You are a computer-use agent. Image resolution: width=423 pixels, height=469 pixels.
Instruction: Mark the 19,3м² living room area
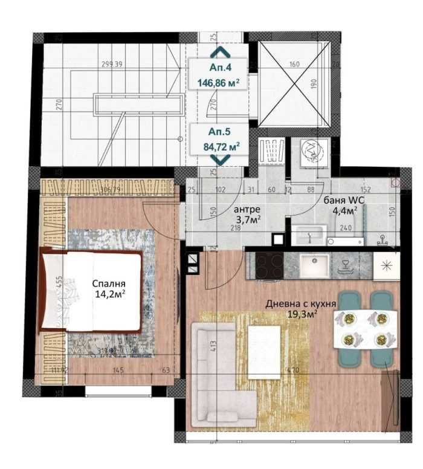click(302, 314)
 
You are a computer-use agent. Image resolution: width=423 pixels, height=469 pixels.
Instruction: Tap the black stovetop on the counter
click(267, 265)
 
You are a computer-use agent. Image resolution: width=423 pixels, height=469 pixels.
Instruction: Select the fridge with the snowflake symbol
click(385, 265)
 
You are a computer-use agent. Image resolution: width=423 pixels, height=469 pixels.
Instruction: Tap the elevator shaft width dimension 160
click(294, 63)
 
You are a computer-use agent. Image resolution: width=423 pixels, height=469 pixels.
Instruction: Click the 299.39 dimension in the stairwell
click(112, 63)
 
